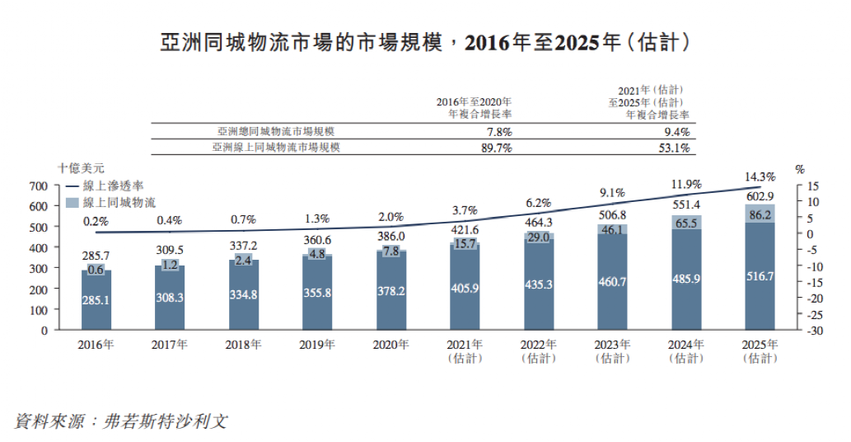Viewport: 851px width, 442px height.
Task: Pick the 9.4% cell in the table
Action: [x=677, y=132]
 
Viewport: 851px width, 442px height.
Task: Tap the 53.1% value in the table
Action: [x=676, y=148]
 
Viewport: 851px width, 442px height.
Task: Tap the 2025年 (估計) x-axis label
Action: [x=760, y=351]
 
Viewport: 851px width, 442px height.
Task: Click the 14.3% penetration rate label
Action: [x=760, y=176]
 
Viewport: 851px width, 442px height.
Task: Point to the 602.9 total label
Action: [x=760, y=196]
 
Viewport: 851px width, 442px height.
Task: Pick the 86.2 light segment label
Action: [x=760, y=214]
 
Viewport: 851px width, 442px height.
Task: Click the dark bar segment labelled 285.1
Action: [x=96, y=300]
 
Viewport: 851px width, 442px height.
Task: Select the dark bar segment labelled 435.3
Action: [x=538, y=284]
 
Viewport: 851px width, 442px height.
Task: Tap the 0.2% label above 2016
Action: [x=96, y=221]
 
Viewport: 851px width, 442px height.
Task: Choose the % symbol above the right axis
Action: [x=799, y=168]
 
